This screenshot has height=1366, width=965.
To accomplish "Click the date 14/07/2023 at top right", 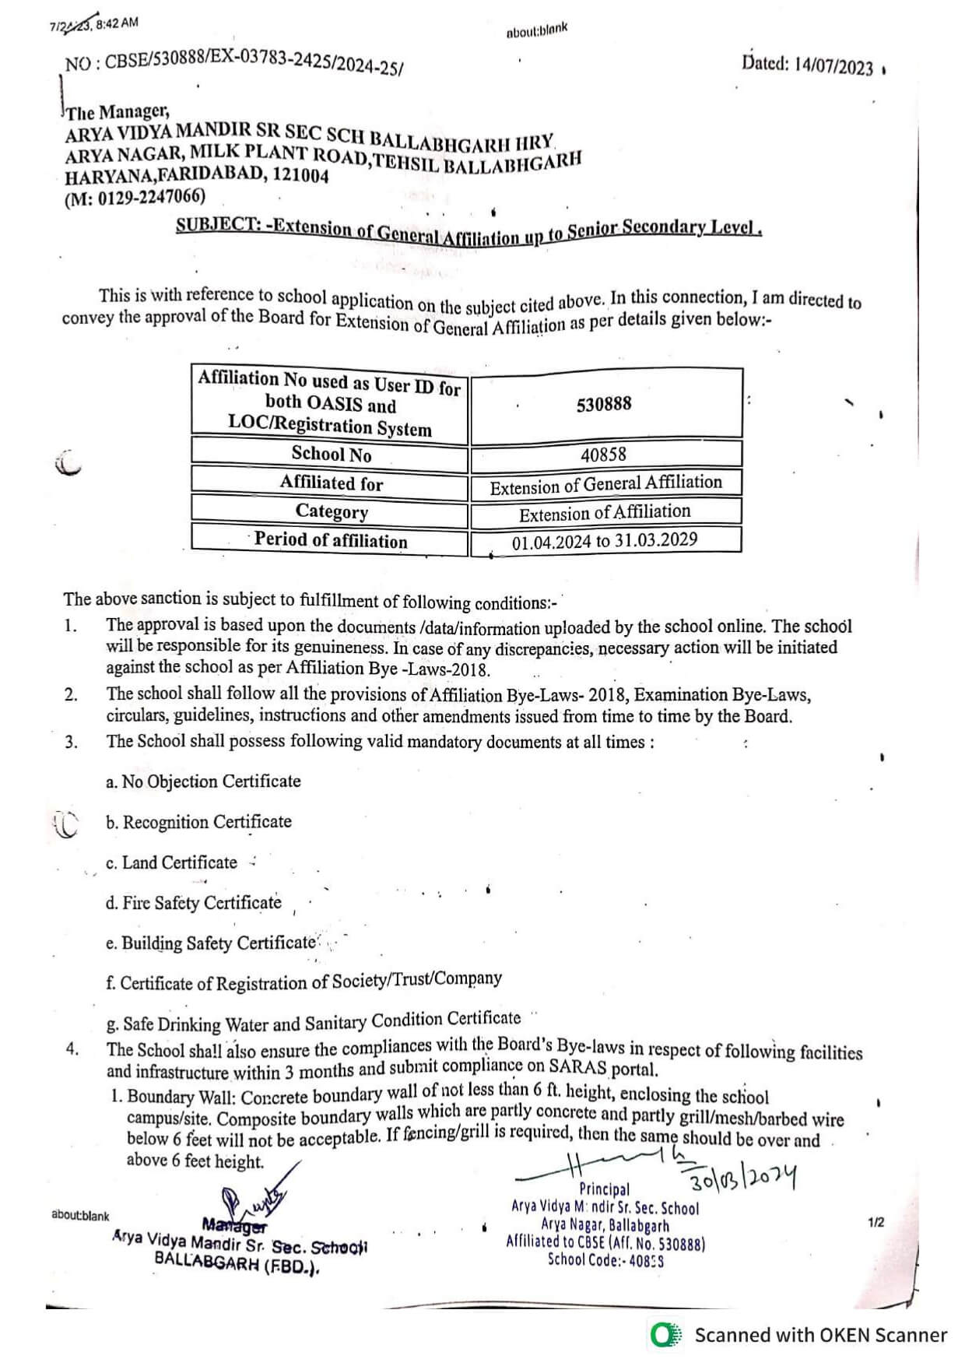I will [x=833, y=66].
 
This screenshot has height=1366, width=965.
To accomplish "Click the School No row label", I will [x=331, y=454].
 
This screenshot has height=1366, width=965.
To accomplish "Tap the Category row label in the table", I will [x=332, y=511].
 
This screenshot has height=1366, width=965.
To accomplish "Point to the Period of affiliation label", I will [x=331, y=540].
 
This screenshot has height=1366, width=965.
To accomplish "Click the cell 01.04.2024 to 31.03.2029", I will [x=605, y=540].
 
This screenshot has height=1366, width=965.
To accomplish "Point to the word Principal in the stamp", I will [x=604, y=1189].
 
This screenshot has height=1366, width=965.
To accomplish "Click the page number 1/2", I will [x=876, y=1223].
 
